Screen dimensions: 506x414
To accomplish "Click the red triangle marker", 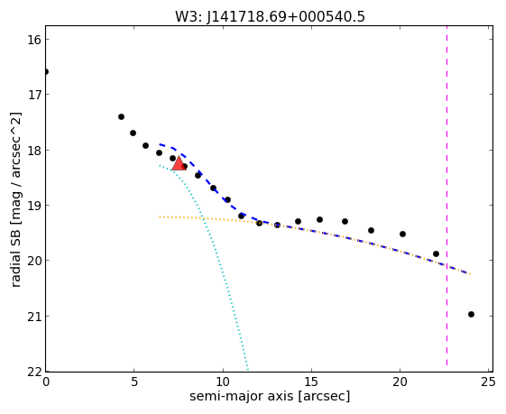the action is (x=179, y=163).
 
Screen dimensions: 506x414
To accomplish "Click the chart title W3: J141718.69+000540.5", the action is (x=270, y=16).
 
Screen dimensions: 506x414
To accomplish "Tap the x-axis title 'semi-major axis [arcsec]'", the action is (x=270, y=396).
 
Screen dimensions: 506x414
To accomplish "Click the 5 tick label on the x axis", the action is (x=134, y=382).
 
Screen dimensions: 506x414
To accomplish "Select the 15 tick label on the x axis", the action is (x=311, y=382).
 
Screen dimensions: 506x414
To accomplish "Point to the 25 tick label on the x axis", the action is (x=488, y=382).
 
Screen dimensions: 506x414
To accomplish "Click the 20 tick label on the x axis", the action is (x=400, y=382).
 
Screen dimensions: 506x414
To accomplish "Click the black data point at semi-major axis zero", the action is (x=46, y=71).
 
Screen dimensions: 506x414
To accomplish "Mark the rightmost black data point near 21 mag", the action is (x=471, y=314).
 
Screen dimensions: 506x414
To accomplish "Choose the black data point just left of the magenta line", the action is (x=436, y=254).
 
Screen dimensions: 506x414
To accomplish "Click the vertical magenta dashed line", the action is (x=447, y=196).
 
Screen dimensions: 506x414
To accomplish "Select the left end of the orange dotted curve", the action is (x=160, y=216).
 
